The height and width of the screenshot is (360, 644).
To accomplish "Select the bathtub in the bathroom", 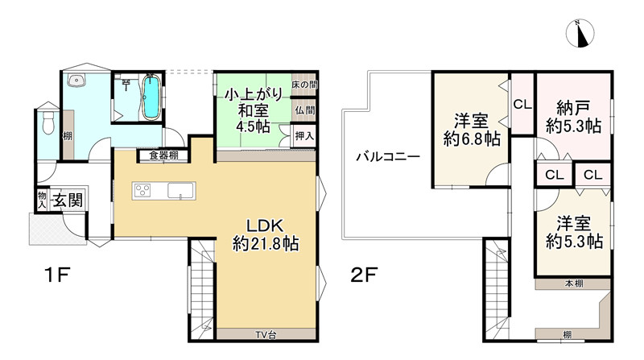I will (x=151, y=97).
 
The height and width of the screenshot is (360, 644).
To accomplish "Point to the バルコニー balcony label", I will (x=388, y=159).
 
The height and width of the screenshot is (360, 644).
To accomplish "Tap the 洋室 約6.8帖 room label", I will (x=471, y=130).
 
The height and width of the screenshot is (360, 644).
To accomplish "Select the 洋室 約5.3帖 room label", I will (x=573, y=232).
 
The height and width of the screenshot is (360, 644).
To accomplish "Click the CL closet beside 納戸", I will (x=522, y=104).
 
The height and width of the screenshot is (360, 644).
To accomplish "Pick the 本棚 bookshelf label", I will (x=573, y=283).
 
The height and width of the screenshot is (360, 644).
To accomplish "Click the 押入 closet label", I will (x=303, y=137).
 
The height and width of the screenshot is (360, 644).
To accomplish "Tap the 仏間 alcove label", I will (x=303, y=110).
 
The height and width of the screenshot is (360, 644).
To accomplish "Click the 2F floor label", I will (x=364, y=276).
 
